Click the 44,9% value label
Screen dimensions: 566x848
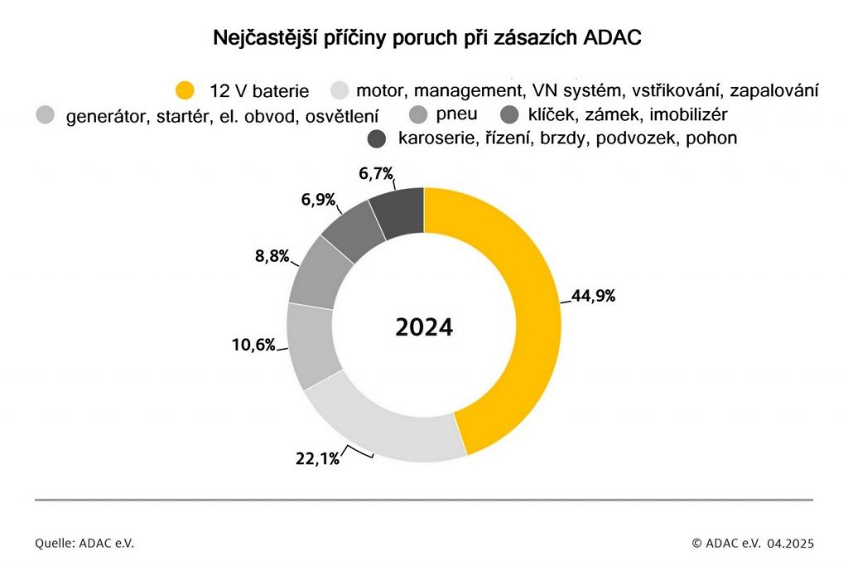pos(593,296)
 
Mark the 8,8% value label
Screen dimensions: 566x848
pos(271,256)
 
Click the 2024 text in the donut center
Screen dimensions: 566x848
pos(424,327)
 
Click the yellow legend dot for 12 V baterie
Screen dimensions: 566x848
pos(186,89)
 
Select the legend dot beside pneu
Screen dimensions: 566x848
pos(419,114)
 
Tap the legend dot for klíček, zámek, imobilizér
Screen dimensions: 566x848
pos(510,114)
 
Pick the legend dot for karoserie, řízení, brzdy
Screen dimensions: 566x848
pos(377,138)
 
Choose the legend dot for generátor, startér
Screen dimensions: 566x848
pos(47,114)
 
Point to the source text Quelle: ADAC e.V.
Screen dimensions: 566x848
pos(84,543)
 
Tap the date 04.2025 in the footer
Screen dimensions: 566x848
pos(790,543)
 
